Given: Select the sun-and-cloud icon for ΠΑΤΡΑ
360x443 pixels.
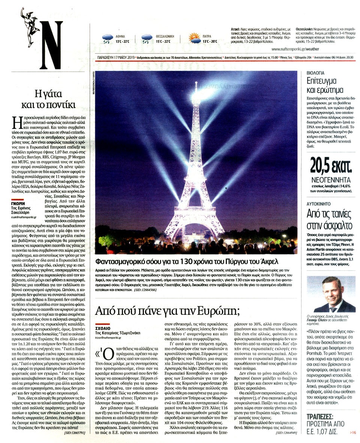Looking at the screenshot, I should pyautogui.click(x=194, y=38).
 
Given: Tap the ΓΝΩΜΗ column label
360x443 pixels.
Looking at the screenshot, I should pyautogui.click(x=18, y=202).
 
